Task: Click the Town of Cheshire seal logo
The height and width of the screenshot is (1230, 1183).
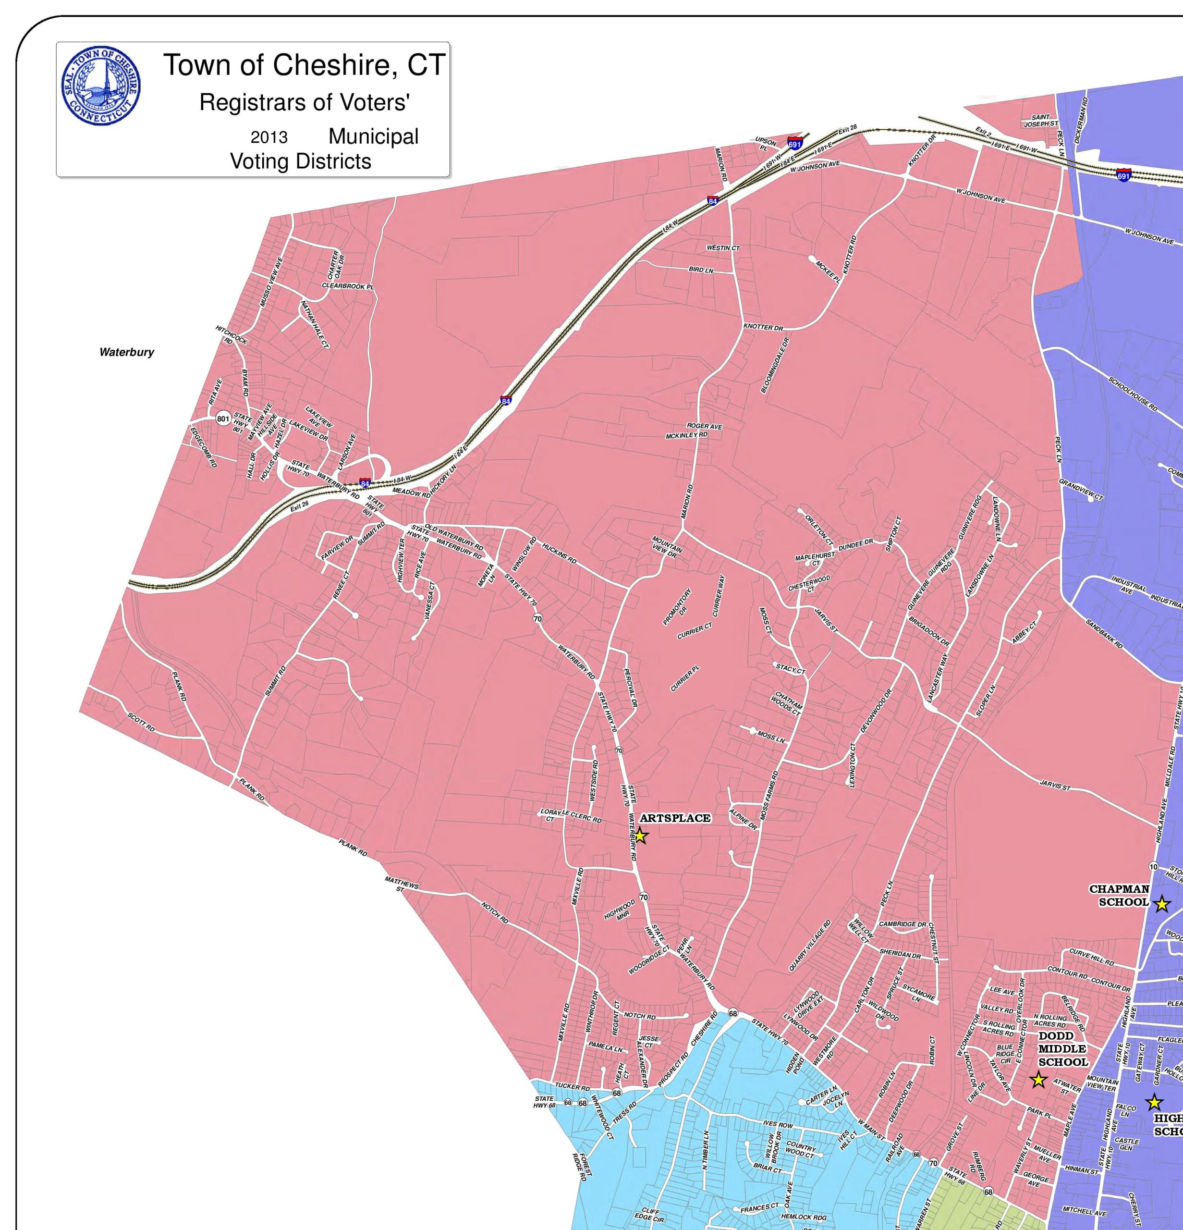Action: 100,86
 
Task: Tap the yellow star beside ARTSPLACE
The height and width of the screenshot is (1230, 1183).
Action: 640,836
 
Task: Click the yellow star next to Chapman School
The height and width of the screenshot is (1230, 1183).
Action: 1162,904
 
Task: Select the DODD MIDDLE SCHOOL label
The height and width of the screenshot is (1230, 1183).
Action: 1063,1049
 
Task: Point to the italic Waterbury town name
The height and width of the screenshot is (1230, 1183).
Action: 127,352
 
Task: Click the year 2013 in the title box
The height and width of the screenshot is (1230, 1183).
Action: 269,137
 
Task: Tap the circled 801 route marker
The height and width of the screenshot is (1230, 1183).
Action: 223,418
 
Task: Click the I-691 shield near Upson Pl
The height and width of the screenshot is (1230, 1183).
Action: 795,144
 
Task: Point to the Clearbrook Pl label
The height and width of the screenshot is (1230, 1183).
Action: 347,286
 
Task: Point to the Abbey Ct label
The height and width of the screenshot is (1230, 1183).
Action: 1024,631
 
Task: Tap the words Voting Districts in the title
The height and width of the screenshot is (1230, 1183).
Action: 301,161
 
